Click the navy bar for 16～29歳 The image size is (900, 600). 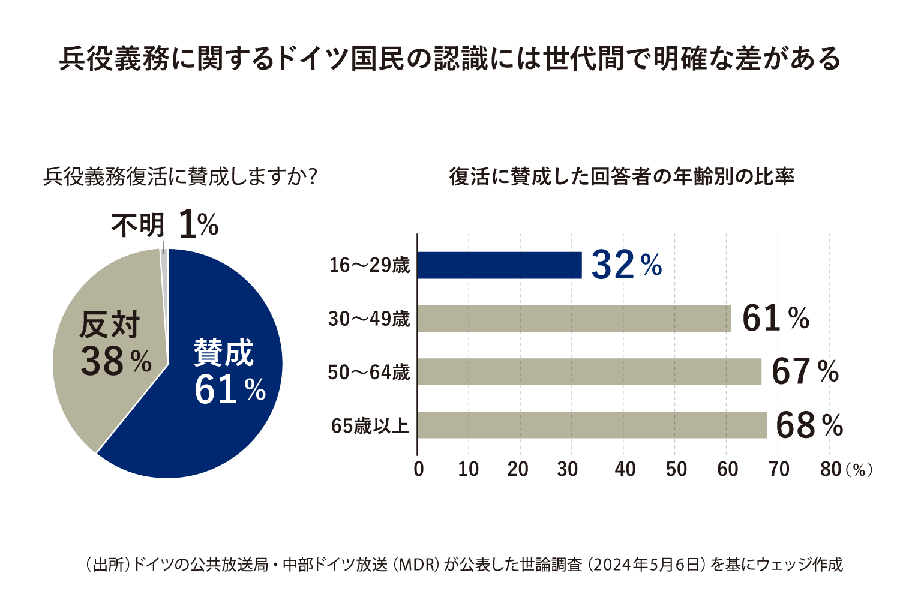(499, 265)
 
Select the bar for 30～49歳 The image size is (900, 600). (574, 319)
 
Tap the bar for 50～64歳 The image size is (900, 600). (589, 372)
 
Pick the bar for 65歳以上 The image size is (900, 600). (592, 425)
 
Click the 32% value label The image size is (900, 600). (626, 265)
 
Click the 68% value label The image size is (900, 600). (809, 425)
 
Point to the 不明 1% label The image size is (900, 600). (165, 226)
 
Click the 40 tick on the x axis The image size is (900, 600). (625, 469)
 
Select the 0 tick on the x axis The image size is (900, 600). (419, 469)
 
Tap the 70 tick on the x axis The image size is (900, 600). (779, 469)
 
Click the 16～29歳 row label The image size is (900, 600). (369, 265)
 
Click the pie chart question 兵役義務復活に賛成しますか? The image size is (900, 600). (180, 177)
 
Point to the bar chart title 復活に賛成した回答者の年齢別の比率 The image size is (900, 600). (622, 177)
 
